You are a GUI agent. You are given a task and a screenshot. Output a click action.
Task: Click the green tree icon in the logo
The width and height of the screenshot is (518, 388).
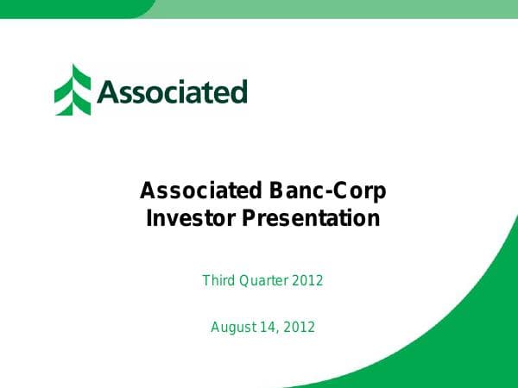click(x=73, y=90)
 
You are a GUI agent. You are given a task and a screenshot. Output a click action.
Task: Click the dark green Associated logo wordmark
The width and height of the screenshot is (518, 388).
click(x=172, y=91)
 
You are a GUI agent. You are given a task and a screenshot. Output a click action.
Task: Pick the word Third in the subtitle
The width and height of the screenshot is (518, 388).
click(x=218, y=280)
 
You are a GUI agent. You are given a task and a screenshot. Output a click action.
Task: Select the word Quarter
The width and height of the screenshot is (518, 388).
click(x=262, y=280)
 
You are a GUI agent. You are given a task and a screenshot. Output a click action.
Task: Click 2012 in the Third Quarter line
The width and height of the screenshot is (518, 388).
click(x=307, y=280)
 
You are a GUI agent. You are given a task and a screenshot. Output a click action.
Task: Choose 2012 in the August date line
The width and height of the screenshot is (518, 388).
click(x=300, y=327)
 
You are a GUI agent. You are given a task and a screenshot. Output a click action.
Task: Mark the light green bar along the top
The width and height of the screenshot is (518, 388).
click(x=337, y=9)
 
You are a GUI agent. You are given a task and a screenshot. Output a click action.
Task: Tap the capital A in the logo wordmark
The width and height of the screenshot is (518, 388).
click(x=106, y=91)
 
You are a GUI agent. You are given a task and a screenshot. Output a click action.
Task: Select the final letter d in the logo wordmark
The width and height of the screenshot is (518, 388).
click(x=239, y=91)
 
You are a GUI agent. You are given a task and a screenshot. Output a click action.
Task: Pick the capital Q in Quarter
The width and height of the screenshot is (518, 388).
click(x=243, y=280)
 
